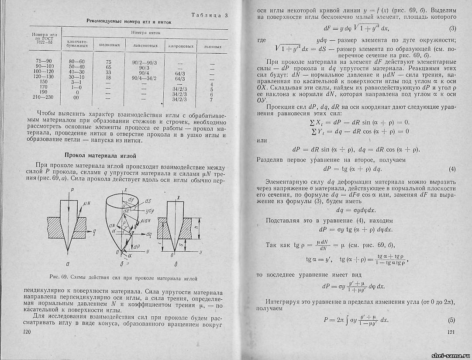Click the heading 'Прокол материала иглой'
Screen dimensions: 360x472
click(x=100, y=155)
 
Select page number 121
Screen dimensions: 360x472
click(x=451, y=333)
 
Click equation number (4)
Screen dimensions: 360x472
click(x=452, y=169)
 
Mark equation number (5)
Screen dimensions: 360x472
click(x=452, y=320)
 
